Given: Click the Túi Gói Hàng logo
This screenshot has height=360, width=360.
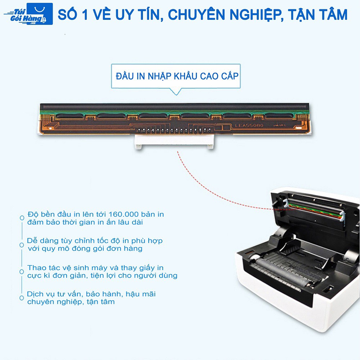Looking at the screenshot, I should [28, 14].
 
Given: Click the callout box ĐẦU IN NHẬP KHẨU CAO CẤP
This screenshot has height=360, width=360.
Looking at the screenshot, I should [176, 76].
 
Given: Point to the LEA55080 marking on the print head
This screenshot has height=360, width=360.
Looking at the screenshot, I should [249, 126].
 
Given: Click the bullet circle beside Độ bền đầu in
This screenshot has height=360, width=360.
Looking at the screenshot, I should [22, 218].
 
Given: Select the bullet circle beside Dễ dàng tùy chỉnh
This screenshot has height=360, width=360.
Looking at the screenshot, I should [22, 244].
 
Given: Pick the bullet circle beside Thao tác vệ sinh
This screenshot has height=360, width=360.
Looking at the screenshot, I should [22, 272].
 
